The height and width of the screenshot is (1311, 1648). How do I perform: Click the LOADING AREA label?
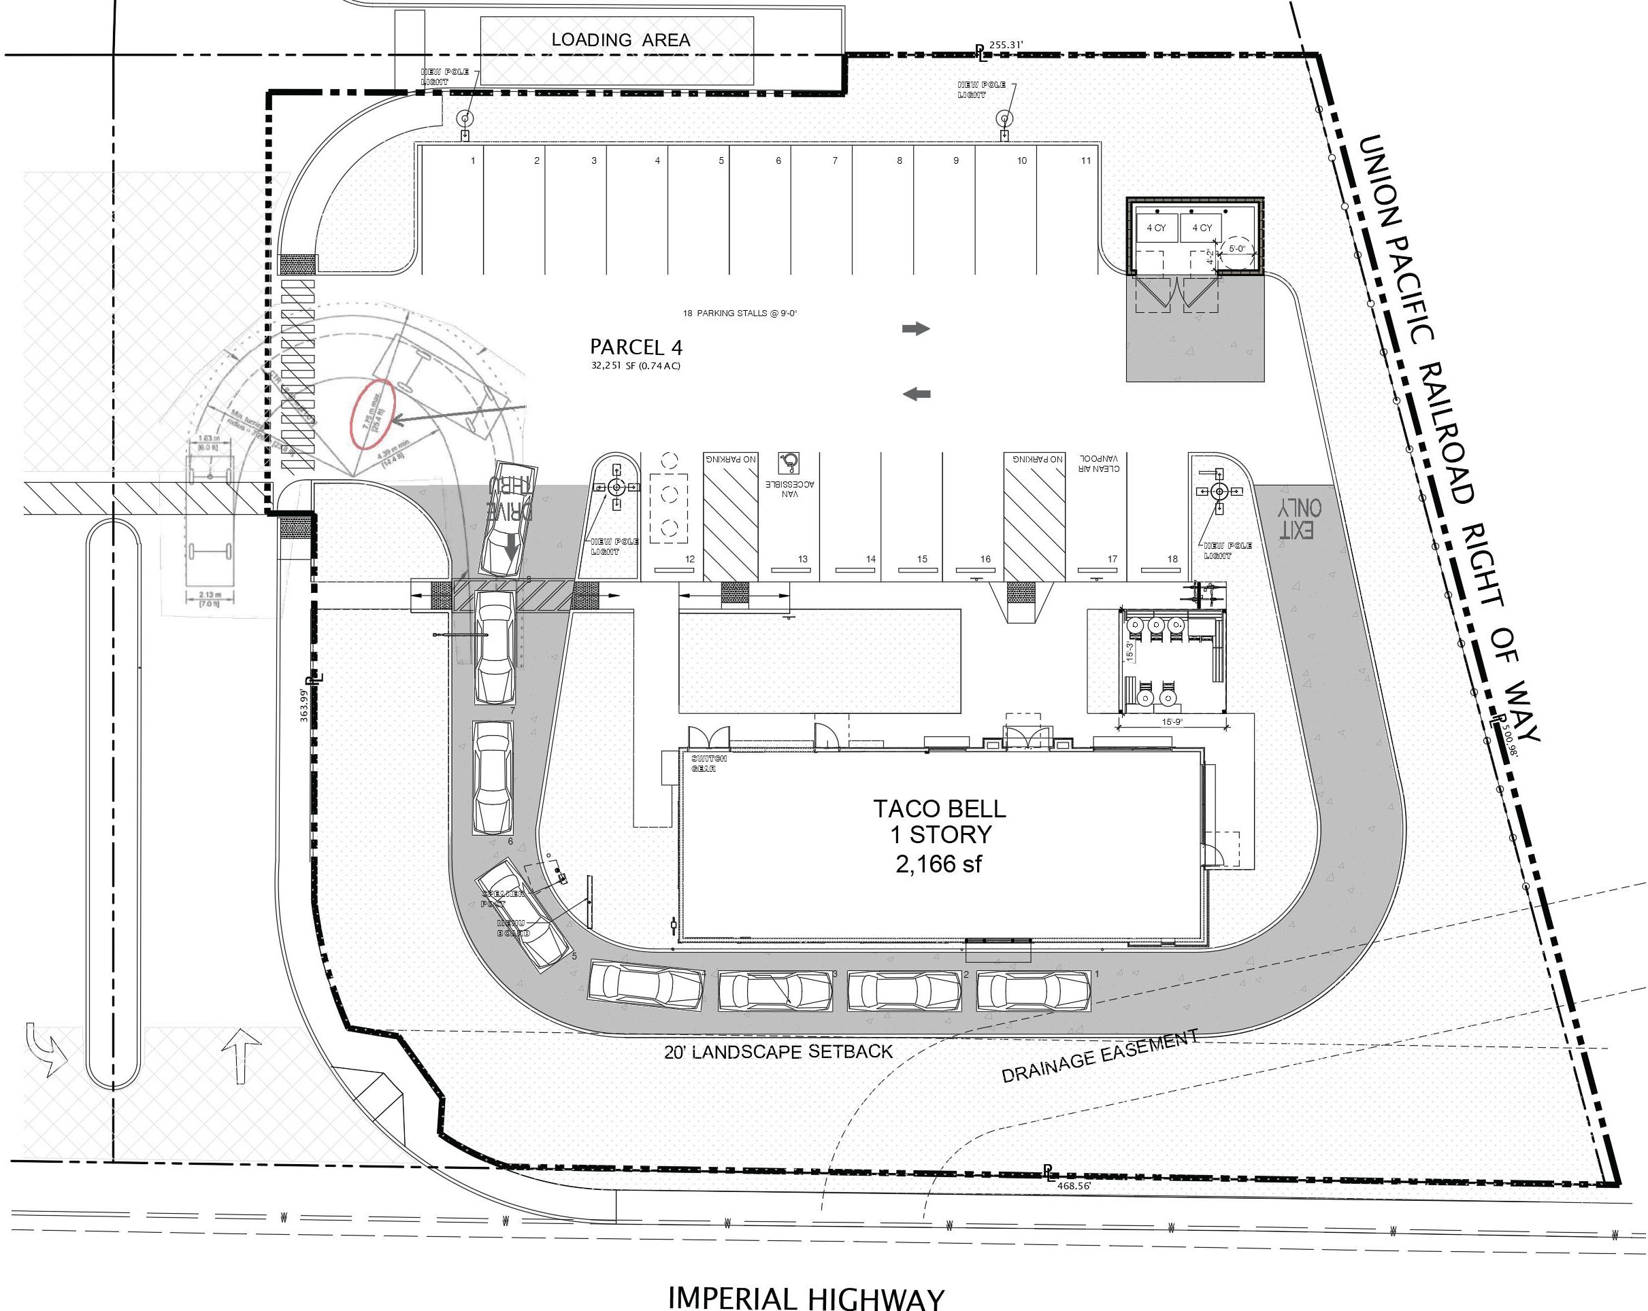[621, 39]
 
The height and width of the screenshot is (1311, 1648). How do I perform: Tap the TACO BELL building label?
[940, 809]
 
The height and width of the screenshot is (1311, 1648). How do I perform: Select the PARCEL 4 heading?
[636, 347]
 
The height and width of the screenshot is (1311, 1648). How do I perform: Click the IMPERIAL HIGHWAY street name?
[806, 1297]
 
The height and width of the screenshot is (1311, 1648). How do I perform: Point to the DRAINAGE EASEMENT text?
[1099, 1057]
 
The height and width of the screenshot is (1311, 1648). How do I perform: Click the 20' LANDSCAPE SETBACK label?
[778, 1052]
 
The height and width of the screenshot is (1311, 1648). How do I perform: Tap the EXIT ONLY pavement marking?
[1301, 518]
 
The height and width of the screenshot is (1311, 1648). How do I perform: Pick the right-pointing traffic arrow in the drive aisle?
[916, 328]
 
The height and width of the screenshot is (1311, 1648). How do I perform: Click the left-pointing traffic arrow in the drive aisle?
[917, 394]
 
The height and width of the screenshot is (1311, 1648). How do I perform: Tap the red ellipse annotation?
[372, 414]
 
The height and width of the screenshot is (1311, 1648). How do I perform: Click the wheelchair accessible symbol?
[789, 462]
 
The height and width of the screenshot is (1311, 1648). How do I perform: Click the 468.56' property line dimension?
[1073, 1187]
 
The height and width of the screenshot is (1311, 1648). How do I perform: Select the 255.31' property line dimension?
[1005, 45]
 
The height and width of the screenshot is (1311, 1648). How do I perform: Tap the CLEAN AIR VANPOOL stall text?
[1099, 463]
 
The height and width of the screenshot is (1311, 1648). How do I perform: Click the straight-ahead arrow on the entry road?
[242, 1054]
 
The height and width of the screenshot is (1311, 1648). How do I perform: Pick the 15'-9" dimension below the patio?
[1172, 722]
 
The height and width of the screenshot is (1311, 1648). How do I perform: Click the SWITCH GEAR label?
[708, 763]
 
